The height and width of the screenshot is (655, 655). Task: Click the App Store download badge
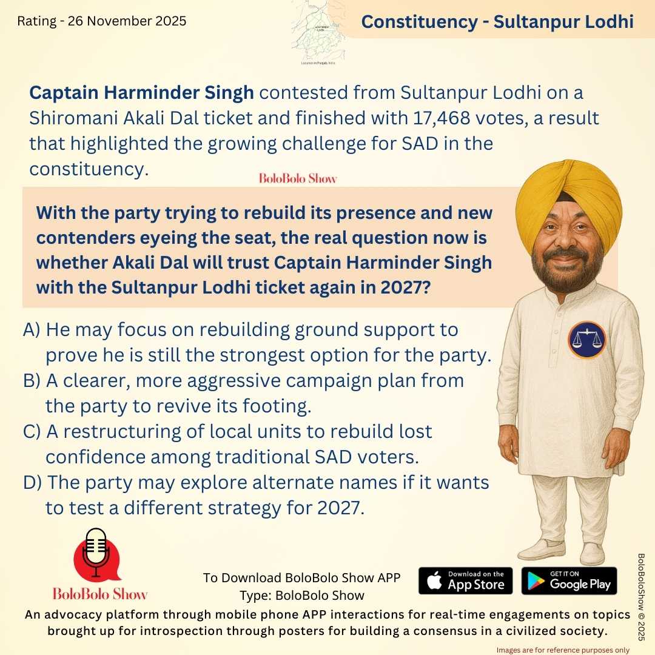(x=465, y=580)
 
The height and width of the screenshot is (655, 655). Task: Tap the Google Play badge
(x=569, y=580)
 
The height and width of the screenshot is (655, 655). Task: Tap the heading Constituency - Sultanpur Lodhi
(x=497, y=22)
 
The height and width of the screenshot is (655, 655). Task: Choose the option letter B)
(x=32, y=381)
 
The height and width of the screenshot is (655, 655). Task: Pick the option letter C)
(x=32, y=431)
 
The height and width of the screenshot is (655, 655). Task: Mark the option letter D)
(x=32, y=483)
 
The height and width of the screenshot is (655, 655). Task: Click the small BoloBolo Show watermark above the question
(x=297, y=178)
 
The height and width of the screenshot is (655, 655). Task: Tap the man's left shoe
(x=592, y=553)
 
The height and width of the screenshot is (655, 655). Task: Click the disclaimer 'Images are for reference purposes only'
(x=563, y=650)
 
